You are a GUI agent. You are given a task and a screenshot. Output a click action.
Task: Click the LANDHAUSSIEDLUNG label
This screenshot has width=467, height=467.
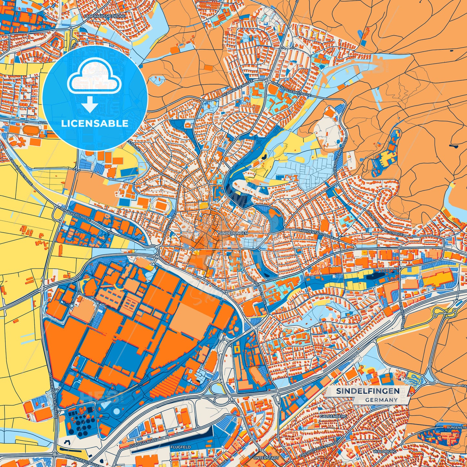(x=104, y=16)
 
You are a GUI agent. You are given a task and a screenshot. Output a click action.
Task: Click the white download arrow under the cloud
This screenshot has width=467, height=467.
(x=90, y=105)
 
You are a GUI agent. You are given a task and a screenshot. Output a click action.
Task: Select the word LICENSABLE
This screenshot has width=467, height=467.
(x=95, y=123)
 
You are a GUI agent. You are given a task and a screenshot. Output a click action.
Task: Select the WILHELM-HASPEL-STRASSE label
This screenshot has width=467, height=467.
(x=385, y=223)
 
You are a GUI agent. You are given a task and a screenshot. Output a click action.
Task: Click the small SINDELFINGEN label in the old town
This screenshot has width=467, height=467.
(x=233, y=233)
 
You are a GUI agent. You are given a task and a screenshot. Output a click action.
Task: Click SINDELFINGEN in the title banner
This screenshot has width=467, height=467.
(x=367, y=391)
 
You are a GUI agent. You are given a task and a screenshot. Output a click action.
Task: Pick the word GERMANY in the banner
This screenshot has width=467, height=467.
(x=381, y=400)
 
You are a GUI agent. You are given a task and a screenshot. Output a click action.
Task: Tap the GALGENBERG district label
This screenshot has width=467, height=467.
(x=333, y=416)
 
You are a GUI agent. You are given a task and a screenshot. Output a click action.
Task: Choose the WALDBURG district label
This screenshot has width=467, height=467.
(x=384, y=451)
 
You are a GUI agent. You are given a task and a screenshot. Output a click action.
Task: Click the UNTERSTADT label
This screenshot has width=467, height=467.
(x=266, y=458)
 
